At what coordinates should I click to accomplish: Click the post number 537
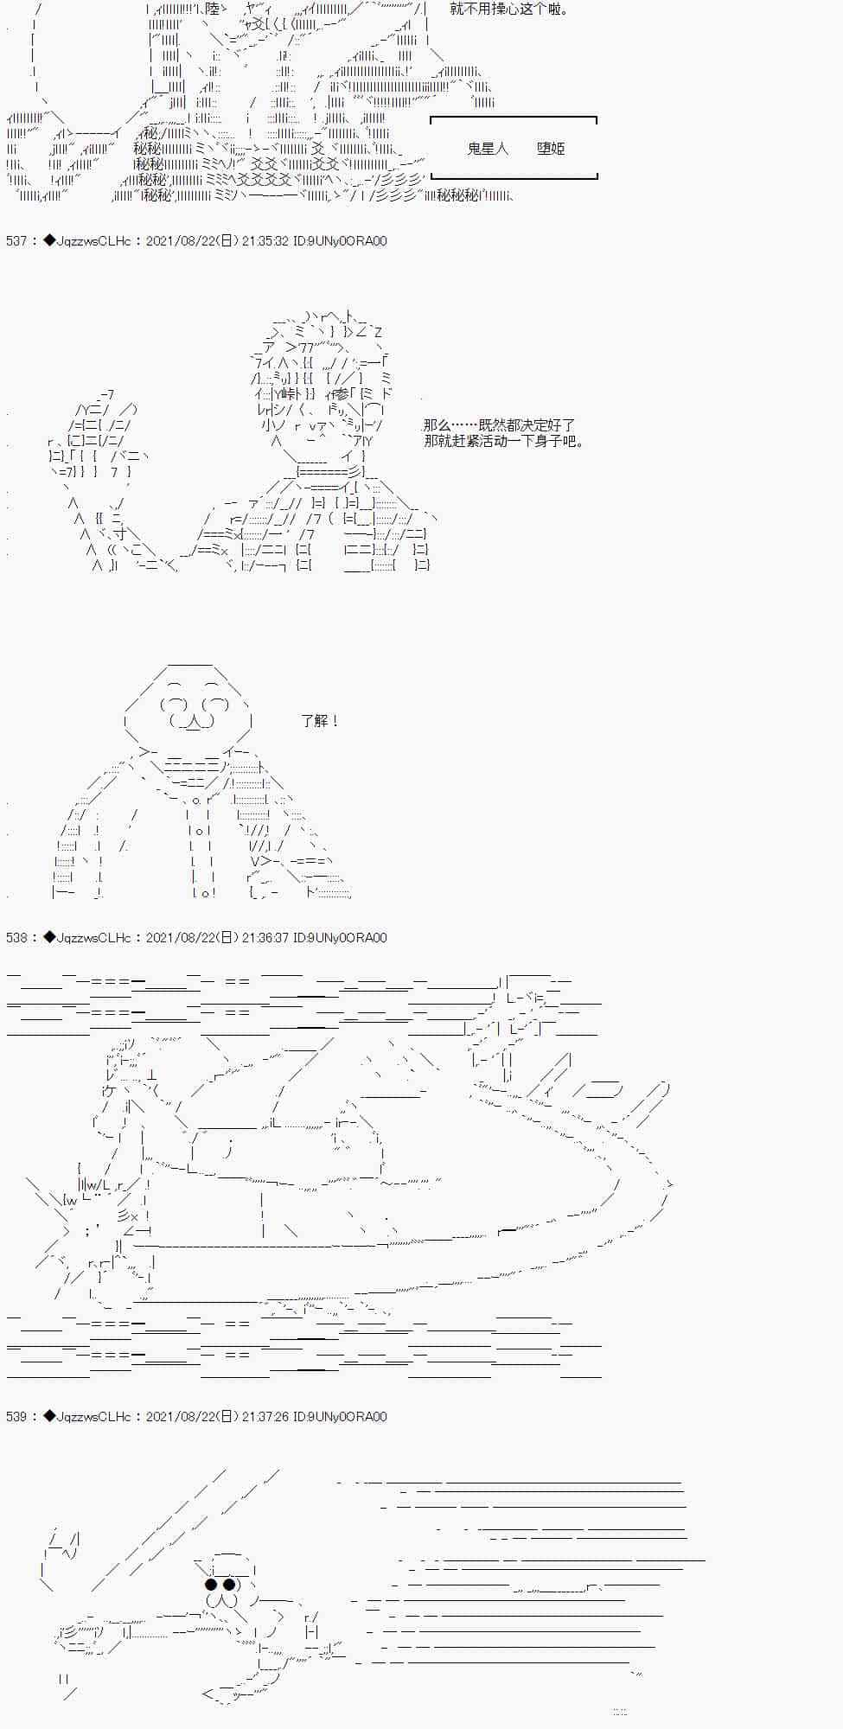point(16,241)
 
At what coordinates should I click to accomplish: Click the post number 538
point(16,937)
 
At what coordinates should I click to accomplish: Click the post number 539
point(16,1416)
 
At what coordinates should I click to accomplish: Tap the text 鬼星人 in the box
point(488,149)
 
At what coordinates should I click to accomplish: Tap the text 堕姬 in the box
point(551,149)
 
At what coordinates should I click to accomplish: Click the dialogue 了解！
point(320,720)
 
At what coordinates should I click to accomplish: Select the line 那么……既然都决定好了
point(499,425)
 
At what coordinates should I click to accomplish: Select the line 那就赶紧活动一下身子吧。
point(505,442)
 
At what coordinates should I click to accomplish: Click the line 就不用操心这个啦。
point(509,10)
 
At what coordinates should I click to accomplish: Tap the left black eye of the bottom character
point(210,1585)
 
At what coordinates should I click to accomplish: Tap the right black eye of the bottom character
point(230,1585)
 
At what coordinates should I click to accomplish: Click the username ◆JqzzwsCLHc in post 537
point(86,241)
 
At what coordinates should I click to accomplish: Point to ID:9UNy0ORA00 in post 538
point(340,937)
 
